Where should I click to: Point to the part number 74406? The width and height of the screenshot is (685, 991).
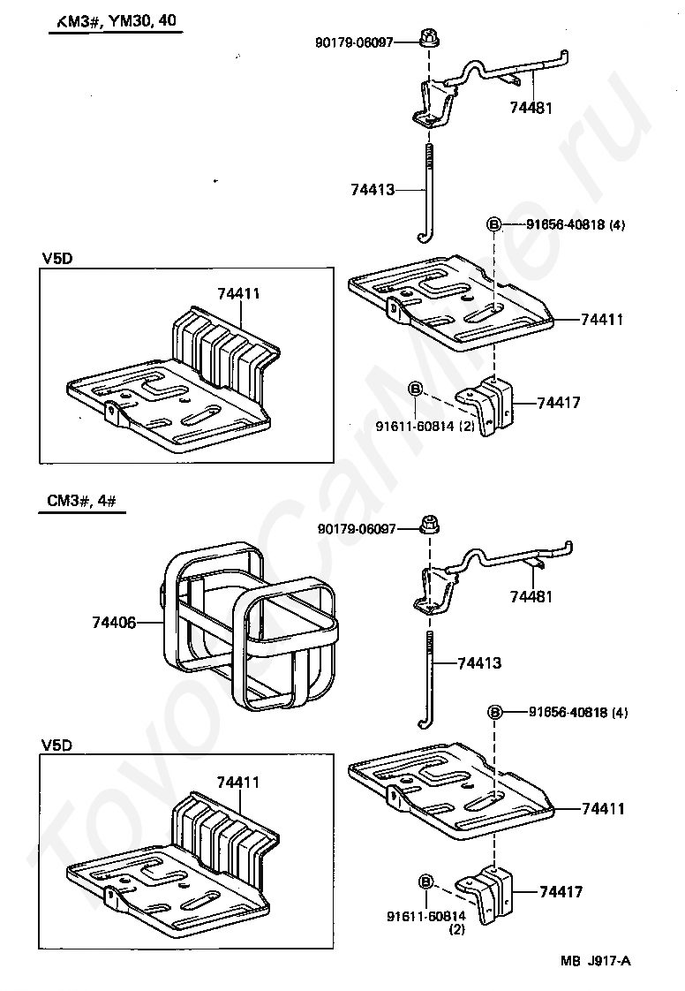(x=114, y=623)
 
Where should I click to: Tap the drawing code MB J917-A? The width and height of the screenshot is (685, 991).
(x=595, y=961)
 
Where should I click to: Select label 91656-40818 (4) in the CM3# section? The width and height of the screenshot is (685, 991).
(x=578, y=712)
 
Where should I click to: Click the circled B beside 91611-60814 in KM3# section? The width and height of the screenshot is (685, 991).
(x=415, y=388)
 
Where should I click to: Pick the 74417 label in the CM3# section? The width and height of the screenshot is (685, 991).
(x=561, y=892)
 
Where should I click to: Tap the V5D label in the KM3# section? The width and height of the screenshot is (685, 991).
(x=56, y=259)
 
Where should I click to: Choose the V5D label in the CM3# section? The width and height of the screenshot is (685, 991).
(x=56, y=745)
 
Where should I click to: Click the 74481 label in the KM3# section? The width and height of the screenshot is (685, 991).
(x=531, y=108)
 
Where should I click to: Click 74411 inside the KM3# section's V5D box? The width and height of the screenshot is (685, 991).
(x=239, y=293)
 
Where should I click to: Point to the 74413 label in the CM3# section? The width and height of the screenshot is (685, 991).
(x=479, y=662)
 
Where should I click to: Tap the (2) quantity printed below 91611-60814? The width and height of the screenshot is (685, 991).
(x=456, y=929)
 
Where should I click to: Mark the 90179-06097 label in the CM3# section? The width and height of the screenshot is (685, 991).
(x=357, y=528)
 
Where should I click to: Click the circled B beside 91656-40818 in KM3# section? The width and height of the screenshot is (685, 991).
(x=493, y=224)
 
